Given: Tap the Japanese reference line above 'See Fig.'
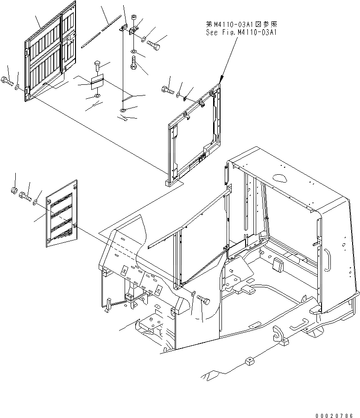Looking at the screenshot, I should coord(242,23).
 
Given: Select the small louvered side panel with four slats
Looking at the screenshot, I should coord(62,212).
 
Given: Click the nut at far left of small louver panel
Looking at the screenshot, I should coord(14,190).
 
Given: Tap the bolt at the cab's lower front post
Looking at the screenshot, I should coord(204,301).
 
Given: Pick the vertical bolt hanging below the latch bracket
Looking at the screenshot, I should coord(133,63).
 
